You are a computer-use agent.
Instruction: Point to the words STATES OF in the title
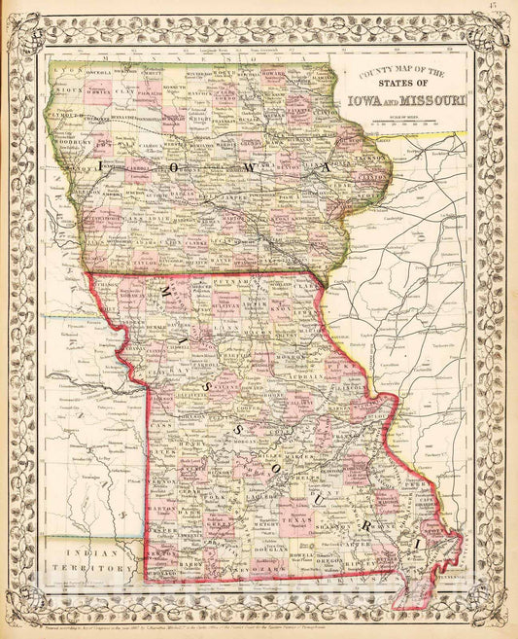[x=397, y=84]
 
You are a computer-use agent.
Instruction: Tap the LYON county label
[x=66, y=72]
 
